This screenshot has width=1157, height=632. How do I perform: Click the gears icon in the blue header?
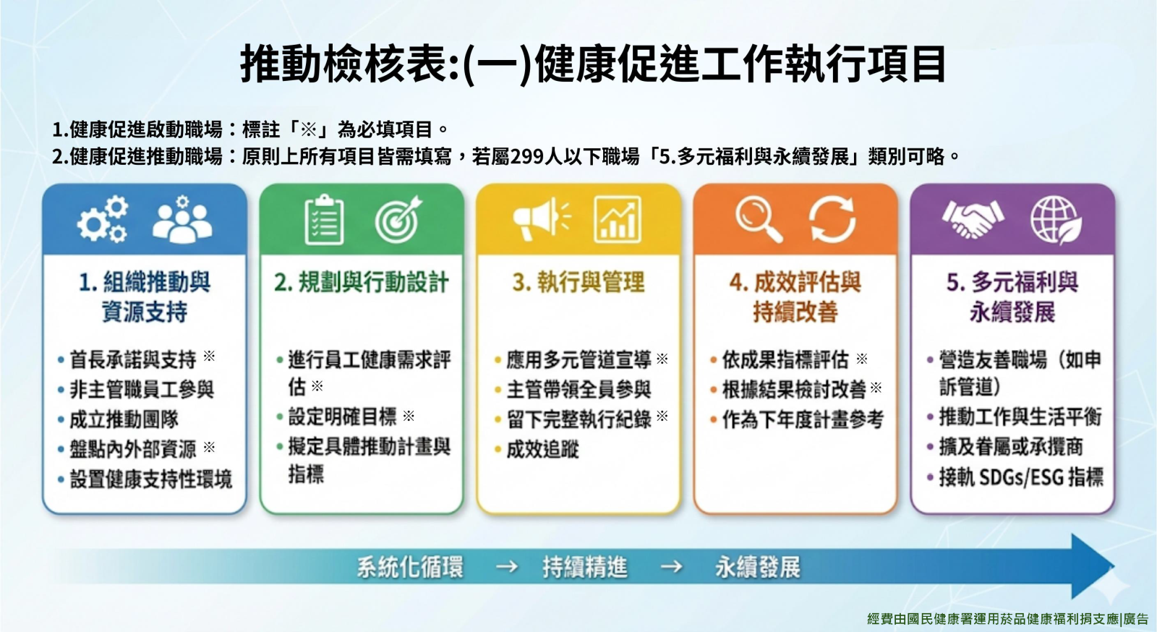pyautogui.click(x=103, y=219)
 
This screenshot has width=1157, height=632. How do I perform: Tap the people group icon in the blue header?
pyautogui.click(x=182, y=219)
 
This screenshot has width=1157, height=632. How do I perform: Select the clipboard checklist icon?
pyautogui.click(x=325, y=219)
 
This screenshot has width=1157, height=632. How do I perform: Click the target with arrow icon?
pyautogui.click(x=398, y=219)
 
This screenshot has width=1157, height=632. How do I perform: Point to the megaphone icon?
pyautogui.click(x=542, y=219)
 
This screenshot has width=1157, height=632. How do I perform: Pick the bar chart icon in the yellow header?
pyautogui.click(x=618, y=219)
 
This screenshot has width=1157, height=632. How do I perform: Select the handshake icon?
pyautogui.click(x=973, y=219)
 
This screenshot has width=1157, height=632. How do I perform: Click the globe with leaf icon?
pyautogui.click(x=1056, y=221)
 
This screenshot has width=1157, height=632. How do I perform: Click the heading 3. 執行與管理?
pyautogui.click(x=578, y=283)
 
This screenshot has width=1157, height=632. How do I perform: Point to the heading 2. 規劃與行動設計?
pyautogui.click(x=361, y=283)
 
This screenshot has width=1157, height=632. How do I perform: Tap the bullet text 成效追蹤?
pyautogui.click(x=542, y=449)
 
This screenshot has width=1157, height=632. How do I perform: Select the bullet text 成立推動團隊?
pyautogui.click(x=124, y=419)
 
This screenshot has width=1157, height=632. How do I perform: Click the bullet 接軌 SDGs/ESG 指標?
pyautogui.click(x=1020, y=477)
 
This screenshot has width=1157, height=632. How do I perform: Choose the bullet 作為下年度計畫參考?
pyautogui.click(x=803, y=419)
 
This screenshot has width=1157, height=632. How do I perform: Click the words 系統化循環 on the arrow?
pyautogui.click(x=410, y=567)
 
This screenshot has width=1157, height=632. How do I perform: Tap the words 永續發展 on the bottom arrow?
pyautogui.click(x=758, y=567)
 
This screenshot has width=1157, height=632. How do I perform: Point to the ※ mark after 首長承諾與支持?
pyautogui.click(x=209, y=356)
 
